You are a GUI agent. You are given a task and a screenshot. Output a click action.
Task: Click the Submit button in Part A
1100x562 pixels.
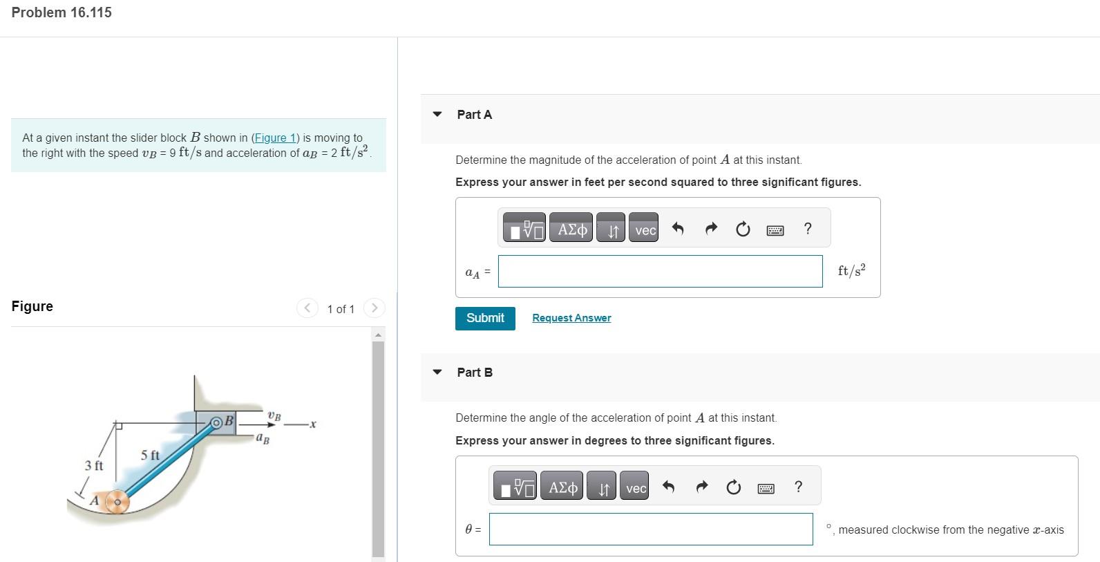[x=485, y=318]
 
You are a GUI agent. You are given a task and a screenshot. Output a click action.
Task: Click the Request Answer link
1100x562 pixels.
[x=571, y=318]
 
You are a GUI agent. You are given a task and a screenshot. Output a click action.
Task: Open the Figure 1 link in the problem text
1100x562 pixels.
[x=275, y=138]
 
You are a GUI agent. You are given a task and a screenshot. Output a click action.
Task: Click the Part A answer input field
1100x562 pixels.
[x=660, y=271]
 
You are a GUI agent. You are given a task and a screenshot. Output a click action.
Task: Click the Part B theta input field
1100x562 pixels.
[x=650, y=529]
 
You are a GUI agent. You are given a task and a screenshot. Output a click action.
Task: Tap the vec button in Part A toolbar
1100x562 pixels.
[x=645, y=230]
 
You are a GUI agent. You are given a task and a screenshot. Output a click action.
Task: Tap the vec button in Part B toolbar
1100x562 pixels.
[x=635, y=488]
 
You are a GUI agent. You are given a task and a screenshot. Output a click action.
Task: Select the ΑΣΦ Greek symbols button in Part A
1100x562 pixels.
[x=571, y=230]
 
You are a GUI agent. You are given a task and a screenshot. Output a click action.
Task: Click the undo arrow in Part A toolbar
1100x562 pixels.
[x=678, y=230]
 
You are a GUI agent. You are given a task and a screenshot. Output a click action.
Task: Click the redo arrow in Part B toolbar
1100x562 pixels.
[x=701, y=488]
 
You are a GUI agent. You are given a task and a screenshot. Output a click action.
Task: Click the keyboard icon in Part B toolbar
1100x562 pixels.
[x=766, y=488]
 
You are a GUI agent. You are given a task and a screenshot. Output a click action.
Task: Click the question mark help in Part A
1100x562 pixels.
[x=808, y=229]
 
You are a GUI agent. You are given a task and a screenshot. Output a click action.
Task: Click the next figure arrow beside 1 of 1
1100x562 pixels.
[x=374, y=308]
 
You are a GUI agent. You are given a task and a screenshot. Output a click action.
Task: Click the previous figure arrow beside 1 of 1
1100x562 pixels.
[x=307, y=308]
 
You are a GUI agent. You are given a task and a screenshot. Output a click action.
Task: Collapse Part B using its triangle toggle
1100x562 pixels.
[x=437, y=372]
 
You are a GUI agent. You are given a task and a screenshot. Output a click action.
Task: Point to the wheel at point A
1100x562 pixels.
[x=117, y=502]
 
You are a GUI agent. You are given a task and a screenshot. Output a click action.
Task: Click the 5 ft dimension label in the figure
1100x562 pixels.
[x=150, y=455]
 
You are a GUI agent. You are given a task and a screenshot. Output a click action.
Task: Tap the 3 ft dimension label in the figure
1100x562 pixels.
[x=94, y=465]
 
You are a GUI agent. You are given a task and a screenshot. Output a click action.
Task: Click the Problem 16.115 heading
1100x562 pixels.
[x=61, y=12]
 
